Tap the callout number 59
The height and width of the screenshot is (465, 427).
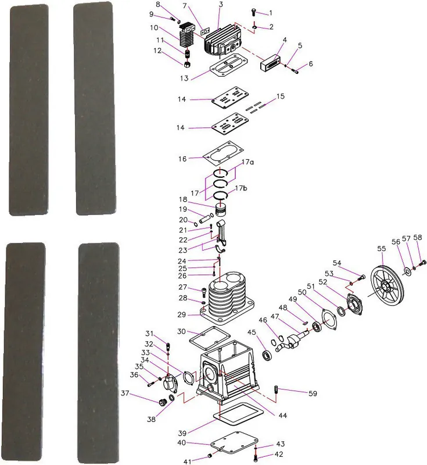[313, 394]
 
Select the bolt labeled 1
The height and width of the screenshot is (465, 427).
[253, 12]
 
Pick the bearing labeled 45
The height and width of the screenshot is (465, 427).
[268, 355]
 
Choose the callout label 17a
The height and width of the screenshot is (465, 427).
[248, 162]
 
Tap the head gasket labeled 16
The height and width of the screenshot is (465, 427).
[223, 153]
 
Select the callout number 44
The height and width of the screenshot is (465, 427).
[283, 416]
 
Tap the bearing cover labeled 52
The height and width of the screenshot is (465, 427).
[354, 304]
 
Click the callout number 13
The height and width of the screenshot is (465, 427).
[184, 78]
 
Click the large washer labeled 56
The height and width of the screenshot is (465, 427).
[407, 270]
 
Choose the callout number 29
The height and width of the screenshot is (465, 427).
[182, 314]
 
